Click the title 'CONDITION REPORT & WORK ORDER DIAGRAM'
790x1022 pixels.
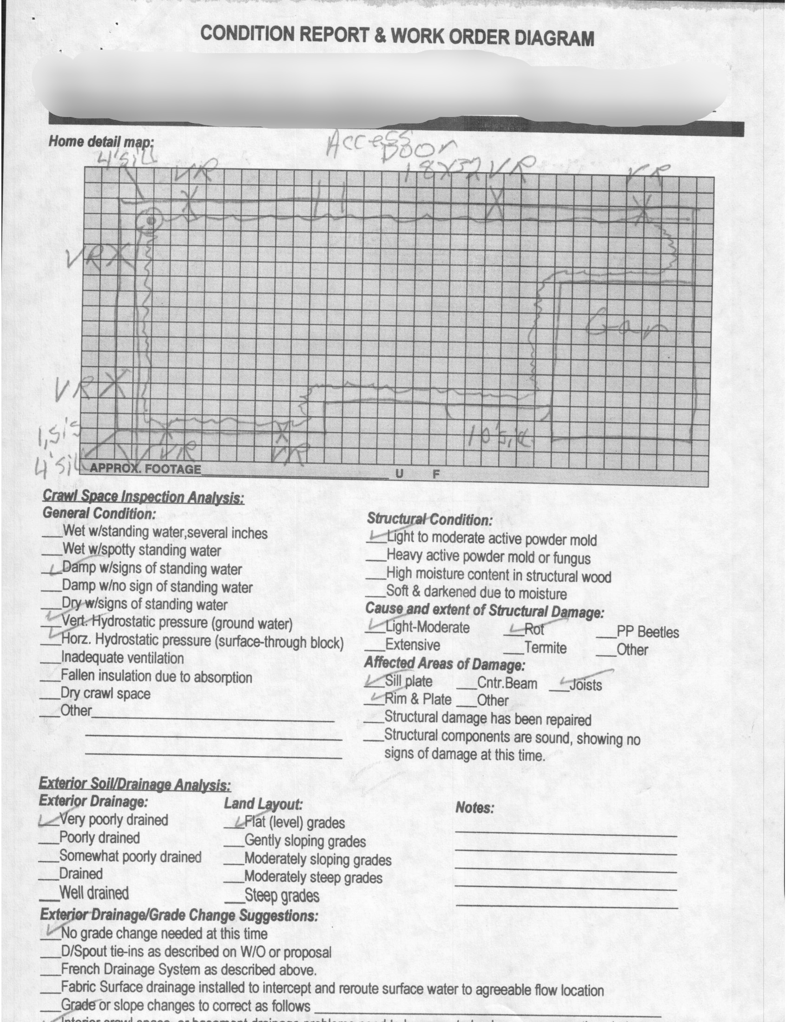coord(397,36)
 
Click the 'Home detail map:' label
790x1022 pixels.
coord(101,141)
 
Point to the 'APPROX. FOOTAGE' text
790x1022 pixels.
coord(145,468)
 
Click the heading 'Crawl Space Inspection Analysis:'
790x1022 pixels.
coord(143,497)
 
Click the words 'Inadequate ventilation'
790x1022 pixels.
coord(123,658)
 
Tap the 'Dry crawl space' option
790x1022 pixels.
coord(106,694)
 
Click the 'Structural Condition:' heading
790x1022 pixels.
coord(429,519)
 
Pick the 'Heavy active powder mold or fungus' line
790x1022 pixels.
coord(488,557)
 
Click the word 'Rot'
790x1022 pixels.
coord(534,629)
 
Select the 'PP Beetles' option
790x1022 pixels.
coord(647,632)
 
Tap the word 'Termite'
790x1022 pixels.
coord(545,648)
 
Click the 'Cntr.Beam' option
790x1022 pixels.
coord(507,683)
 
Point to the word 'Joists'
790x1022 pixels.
coord(586,685)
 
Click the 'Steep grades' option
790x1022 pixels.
coord(282,896)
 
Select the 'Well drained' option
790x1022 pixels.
coord(94,893)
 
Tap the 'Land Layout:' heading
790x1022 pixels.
coord(263,804)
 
